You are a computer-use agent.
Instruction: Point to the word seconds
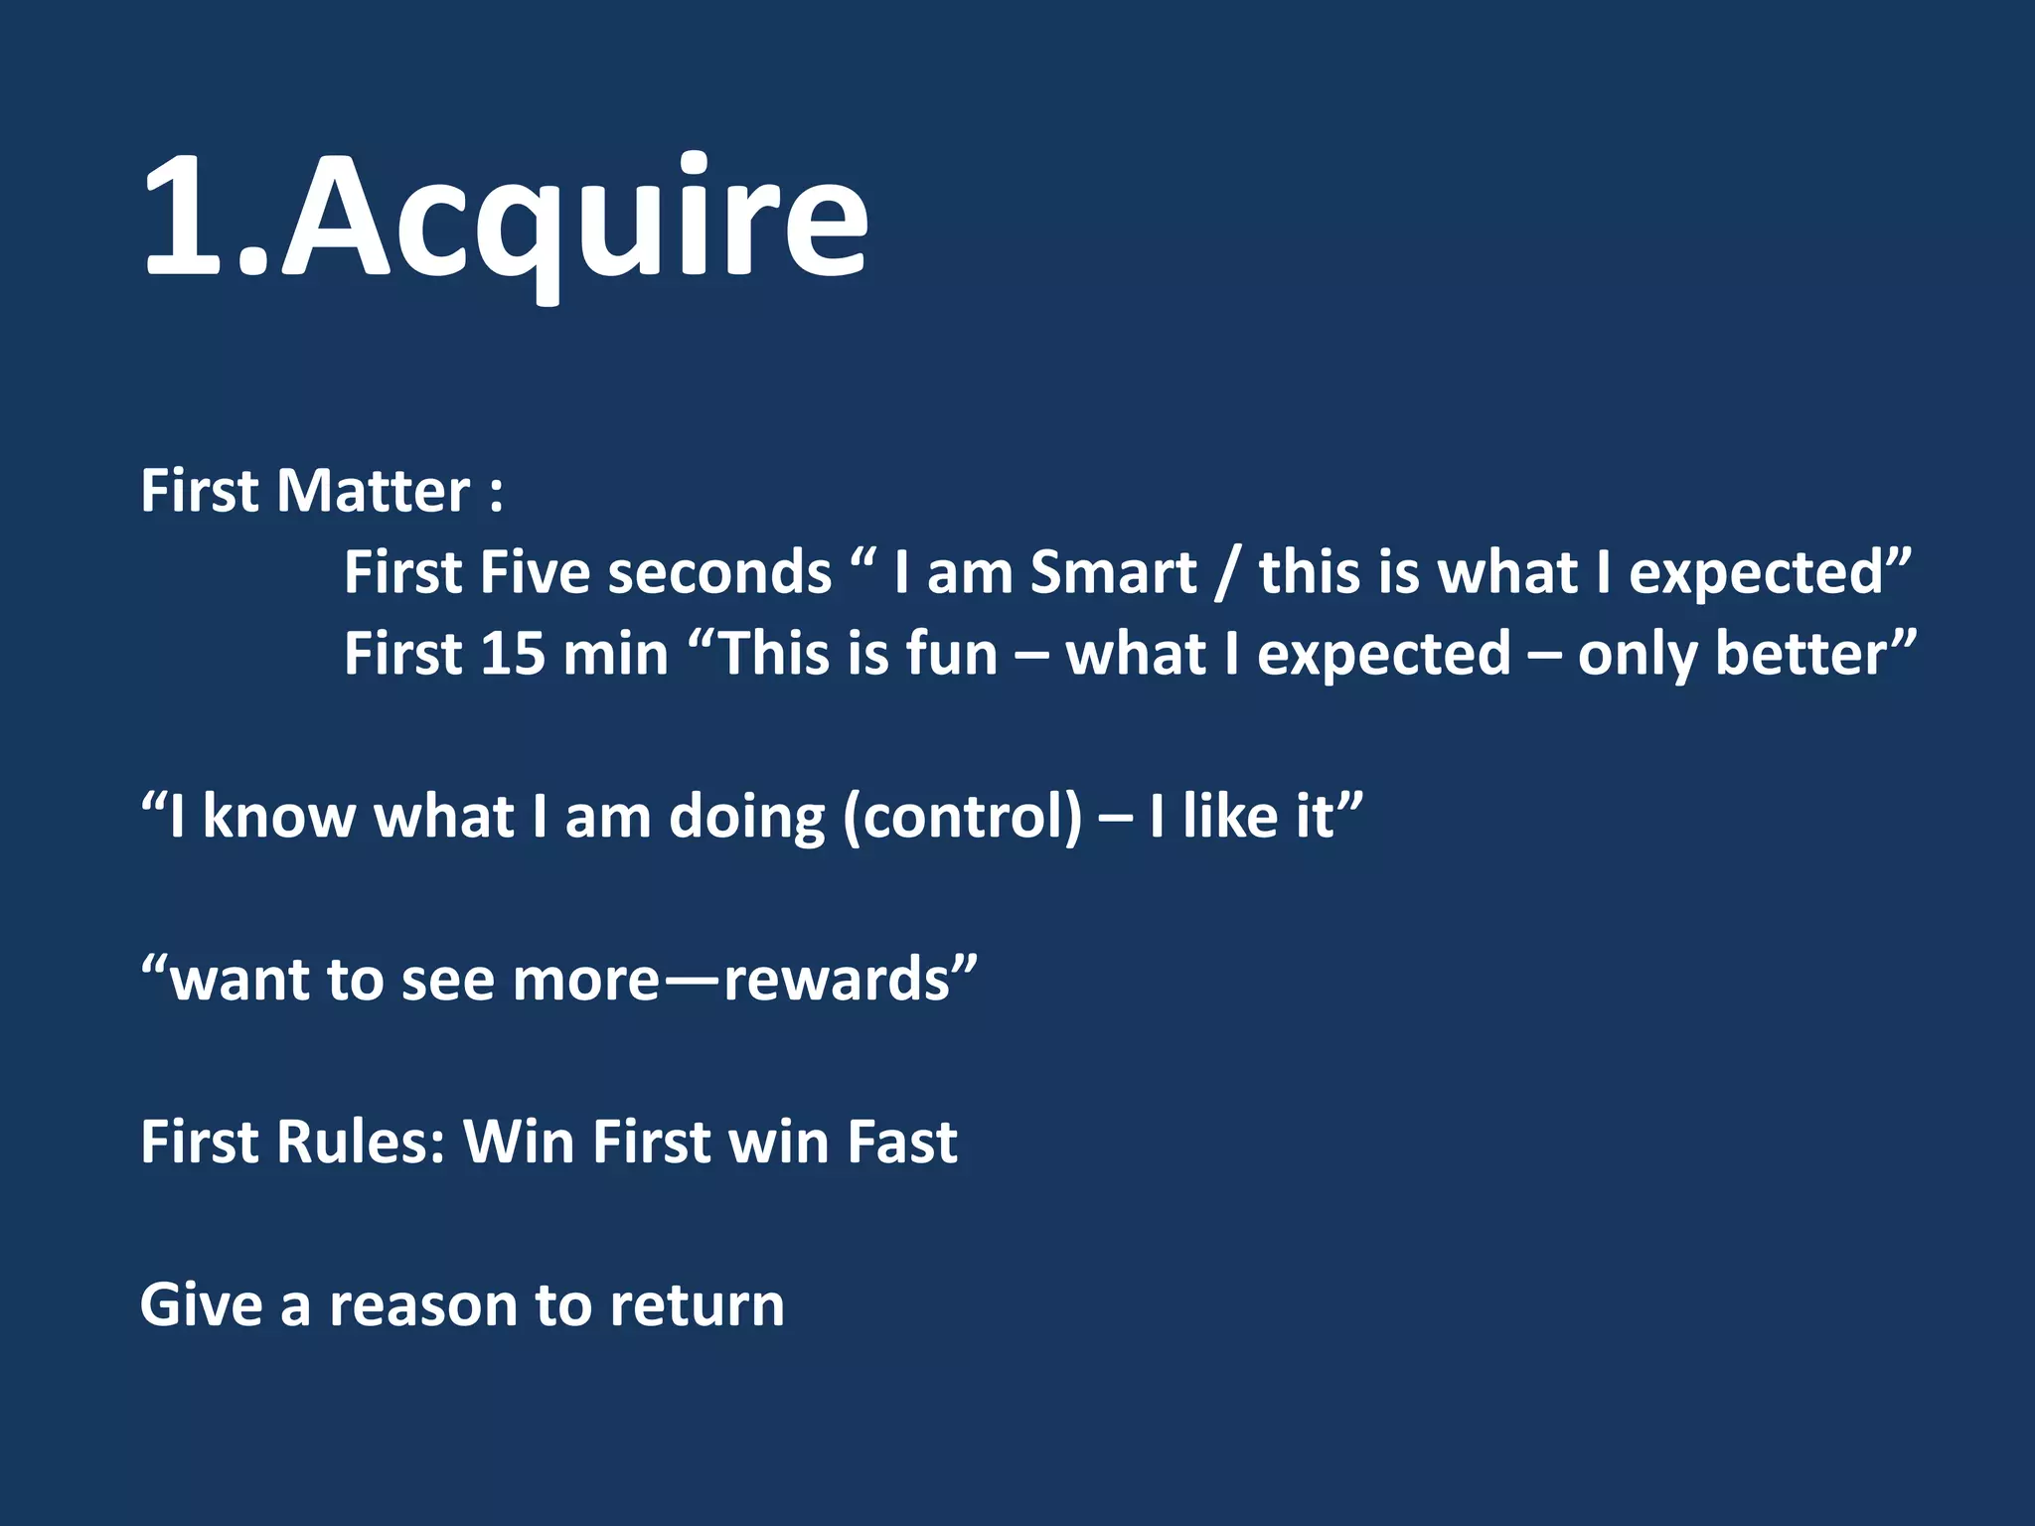click(719, 575)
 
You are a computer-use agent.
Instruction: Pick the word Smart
click(1113, 573)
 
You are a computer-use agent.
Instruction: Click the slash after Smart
click(1228, 575)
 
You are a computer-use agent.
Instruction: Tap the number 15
click(513, 655)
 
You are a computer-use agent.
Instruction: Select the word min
click(616, 655)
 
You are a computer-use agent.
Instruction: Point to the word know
click(278, 817)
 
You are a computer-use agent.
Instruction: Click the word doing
click(747, 819)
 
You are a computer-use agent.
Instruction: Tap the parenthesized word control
click(962, 819)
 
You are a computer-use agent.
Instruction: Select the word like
click(1230, 817)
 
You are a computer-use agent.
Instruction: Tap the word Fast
click(902, 1142)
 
